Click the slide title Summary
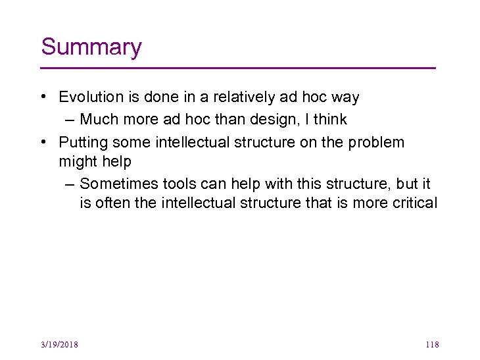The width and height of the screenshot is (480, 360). [91, 47]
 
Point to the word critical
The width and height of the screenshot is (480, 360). [412, 203]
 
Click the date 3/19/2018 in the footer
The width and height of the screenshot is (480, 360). [59, 344]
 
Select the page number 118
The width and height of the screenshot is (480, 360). [432, 344]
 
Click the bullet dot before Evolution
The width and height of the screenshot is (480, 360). [43, 97]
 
